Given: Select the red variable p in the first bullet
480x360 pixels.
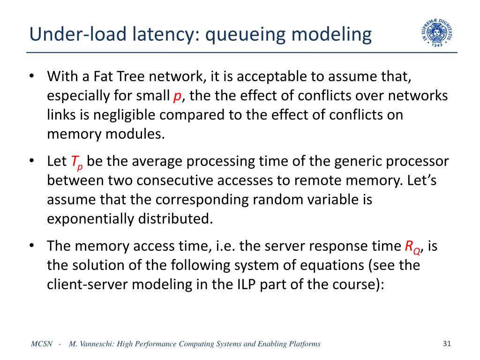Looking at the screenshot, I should click(x=177, y=96).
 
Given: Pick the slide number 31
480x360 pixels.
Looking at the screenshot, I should click(x=446, y=344).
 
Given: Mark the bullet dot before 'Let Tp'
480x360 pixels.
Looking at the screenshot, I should click(x=32, y=161).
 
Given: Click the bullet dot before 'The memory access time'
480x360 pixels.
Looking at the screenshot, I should click(x=32, y=246).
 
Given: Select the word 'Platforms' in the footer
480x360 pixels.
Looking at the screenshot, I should click(x=305, y=344).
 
